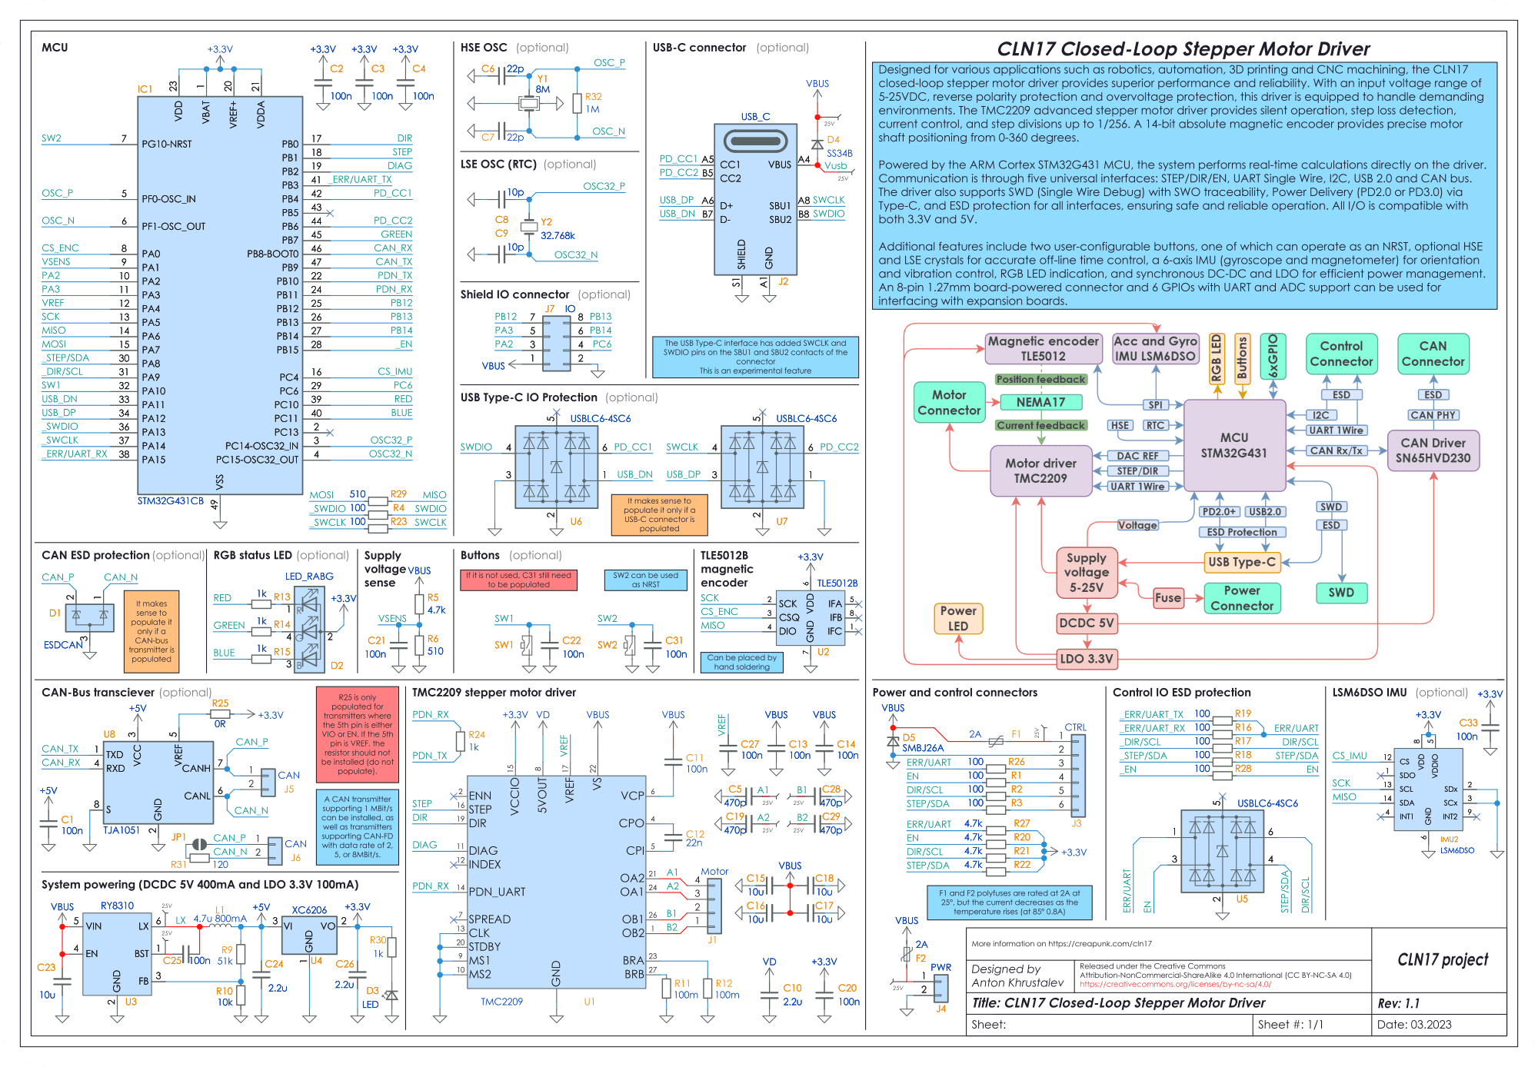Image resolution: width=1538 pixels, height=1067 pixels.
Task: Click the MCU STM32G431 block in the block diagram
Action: pyautogui.click(x=1233, y=445)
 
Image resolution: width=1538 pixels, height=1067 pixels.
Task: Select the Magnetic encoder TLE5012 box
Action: pyautogui.click(x=1043, y=348)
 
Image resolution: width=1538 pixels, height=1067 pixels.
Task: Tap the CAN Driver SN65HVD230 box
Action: pyautogui.click(x=1433, y=450)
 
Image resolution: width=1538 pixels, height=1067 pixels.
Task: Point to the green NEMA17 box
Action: pyautogui.click(x=1040, y=402)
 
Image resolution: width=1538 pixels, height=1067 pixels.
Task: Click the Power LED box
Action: pyautogui.click(x=957, y=618)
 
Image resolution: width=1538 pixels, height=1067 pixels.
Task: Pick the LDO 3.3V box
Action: pyautogui.click(x=1086, y=658)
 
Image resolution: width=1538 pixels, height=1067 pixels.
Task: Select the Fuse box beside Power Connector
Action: pyautogui.click(x=1167, y=597)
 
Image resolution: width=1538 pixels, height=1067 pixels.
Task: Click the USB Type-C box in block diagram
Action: pyautogui.click(x=1241, y=562)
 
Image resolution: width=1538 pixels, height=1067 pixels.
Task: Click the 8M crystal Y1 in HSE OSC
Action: pyautogui.click(x=528, y=103)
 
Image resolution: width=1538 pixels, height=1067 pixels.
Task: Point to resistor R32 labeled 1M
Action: pyautogui.click(x=578, y=103)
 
